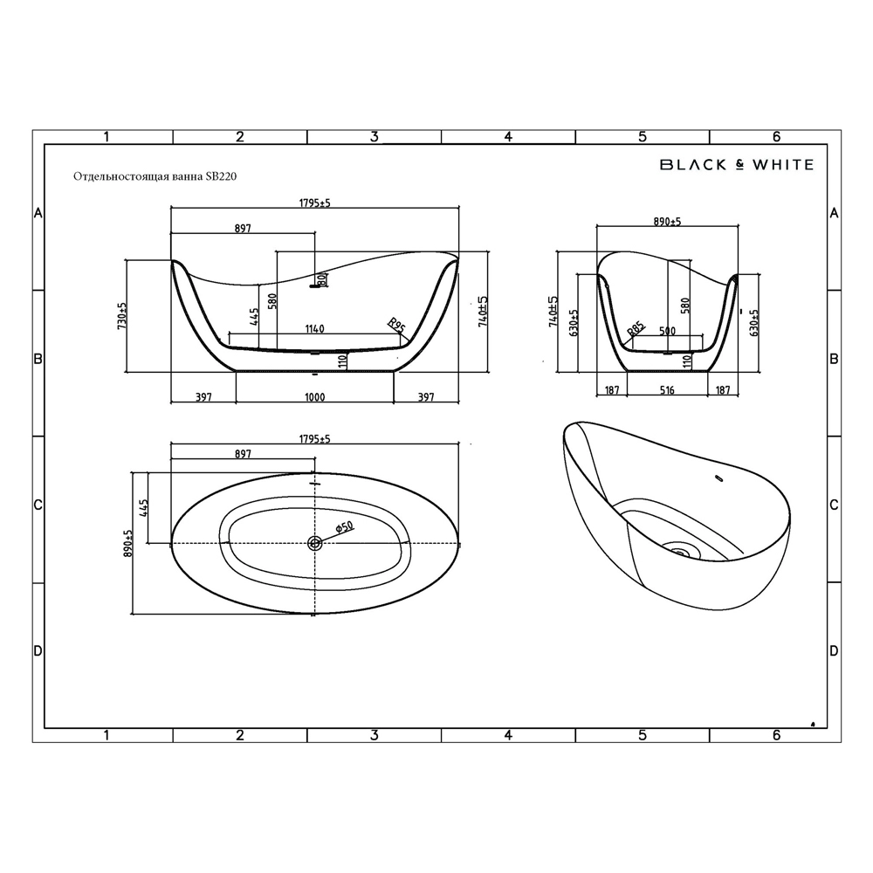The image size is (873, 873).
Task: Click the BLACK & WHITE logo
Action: tap(737, 164)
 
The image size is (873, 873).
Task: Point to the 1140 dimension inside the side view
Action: tap(314, 329)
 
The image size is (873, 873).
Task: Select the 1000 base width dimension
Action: tap(314, 397)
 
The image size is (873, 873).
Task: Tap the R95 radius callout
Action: tap(396, 325)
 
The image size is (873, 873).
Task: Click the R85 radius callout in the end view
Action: tap(636, 330)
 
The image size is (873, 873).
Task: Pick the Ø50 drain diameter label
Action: tap(344, 526)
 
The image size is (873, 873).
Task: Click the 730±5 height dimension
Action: tap(122, 316)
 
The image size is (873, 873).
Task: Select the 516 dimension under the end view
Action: tap(667, 390)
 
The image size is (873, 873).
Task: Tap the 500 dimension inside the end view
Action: tap(667, 331)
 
